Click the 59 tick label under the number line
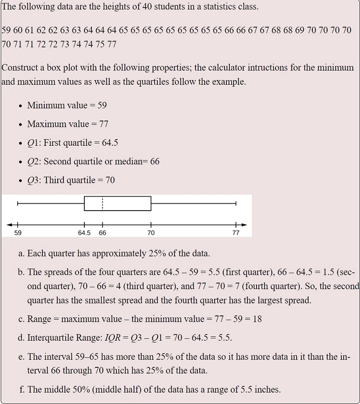[18, 233]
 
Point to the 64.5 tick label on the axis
[84, 233]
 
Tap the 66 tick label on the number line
[103, 233]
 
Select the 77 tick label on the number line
[236, 233]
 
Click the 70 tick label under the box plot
[151, 233]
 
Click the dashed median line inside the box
[103, 203]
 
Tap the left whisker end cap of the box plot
[18, 203]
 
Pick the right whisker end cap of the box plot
[236, 203]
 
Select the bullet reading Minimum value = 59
[67, 105]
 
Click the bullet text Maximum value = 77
[68, 124]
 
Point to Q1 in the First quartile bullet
[33, 142]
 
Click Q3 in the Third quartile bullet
[33, 180]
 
